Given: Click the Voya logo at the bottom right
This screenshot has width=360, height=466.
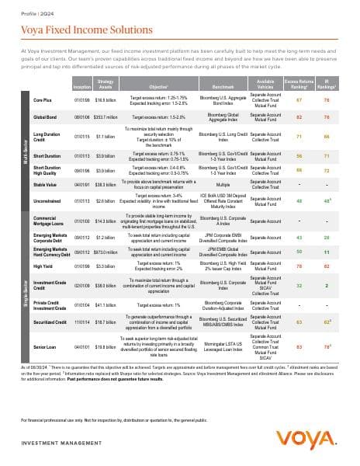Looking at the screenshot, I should tap(317, 432).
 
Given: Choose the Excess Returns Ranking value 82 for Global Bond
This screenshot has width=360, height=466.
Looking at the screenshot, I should tap(299, 116).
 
